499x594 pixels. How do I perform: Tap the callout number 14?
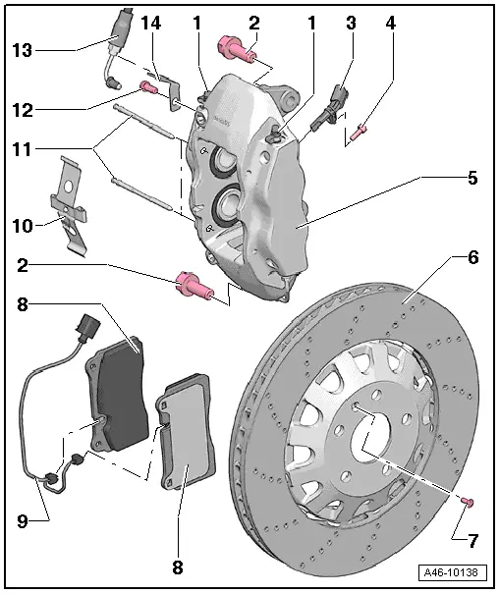149,21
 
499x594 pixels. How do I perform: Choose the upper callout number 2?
253,21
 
